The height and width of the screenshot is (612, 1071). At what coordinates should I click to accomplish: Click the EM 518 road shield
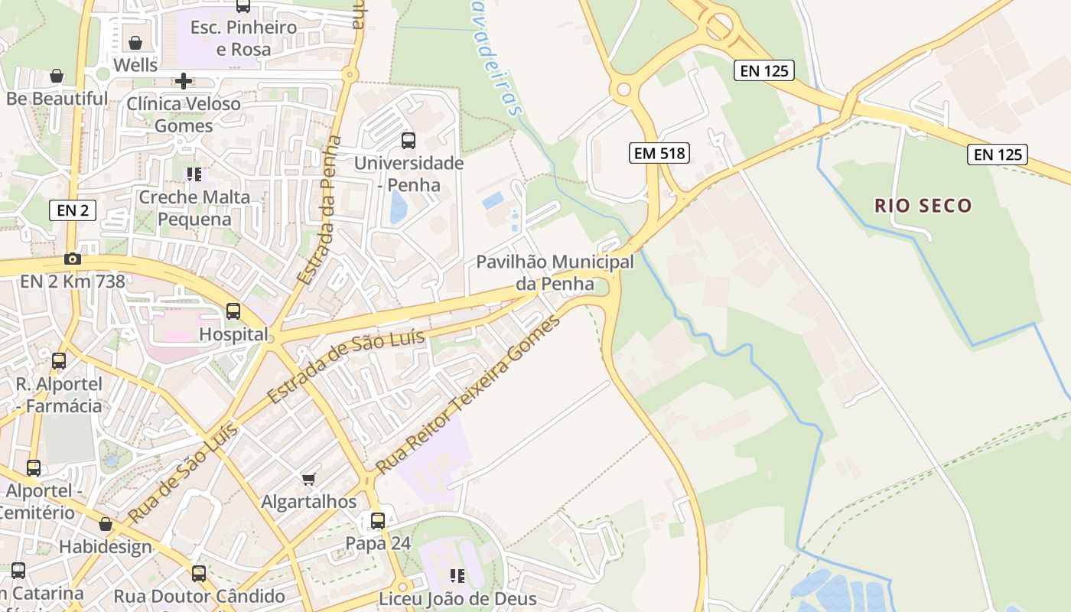[659, 153]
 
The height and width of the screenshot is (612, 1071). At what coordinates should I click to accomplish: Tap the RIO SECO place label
[923, 205]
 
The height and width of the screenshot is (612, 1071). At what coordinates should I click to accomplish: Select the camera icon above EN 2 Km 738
[73, 259]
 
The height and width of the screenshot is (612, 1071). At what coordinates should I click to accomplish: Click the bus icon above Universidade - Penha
[409, 141]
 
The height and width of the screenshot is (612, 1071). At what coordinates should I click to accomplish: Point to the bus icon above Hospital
[233, 311]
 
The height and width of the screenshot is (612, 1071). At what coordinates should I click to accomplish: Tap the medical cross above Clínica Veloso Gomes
[184, 80]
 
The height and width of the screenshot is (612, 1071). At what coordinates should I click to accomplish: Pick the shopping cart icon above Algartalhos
[309, 479]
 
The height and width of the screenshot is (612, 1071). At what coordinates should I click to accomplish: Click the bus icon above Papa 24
[378, 521]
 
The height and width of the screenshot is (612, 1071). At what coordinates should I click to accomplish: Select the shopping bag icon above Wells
[135, 43]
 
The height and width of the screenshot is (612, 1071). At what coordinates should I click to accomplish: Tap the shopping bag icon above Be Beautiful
[57, 76]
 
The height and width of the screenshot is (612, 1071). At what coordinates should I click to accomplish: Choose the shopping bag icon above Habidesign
[106, 525]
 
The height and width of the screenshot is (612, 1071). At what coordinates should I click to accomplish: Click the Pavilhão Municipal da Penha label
[555, 272]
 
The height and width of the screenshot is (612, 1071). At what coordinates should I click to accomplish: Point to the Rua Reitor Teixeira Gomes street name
[467, 392]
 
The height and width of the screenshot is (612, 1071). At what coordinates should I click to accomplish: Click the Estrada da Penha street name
[321, 210]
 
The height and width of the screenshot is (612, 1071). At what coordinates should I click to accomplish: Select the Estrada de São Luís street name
[346, 367]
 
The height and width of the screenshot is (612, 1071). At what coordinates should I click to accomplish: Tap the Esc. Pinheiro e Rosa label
[243, 38]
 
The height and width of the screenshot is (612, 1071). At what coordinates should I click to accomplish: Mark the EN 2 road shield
[73, 210]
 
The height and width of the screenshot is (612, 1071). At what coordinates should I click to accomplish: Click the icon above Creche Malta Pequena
[194, 174]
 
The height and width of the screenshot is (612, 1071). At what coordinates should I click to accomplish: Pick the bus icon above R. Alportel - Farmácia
[59, 360]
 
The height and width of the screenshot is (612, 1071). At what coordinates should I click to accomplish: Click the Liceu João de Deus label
[457, 597]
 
